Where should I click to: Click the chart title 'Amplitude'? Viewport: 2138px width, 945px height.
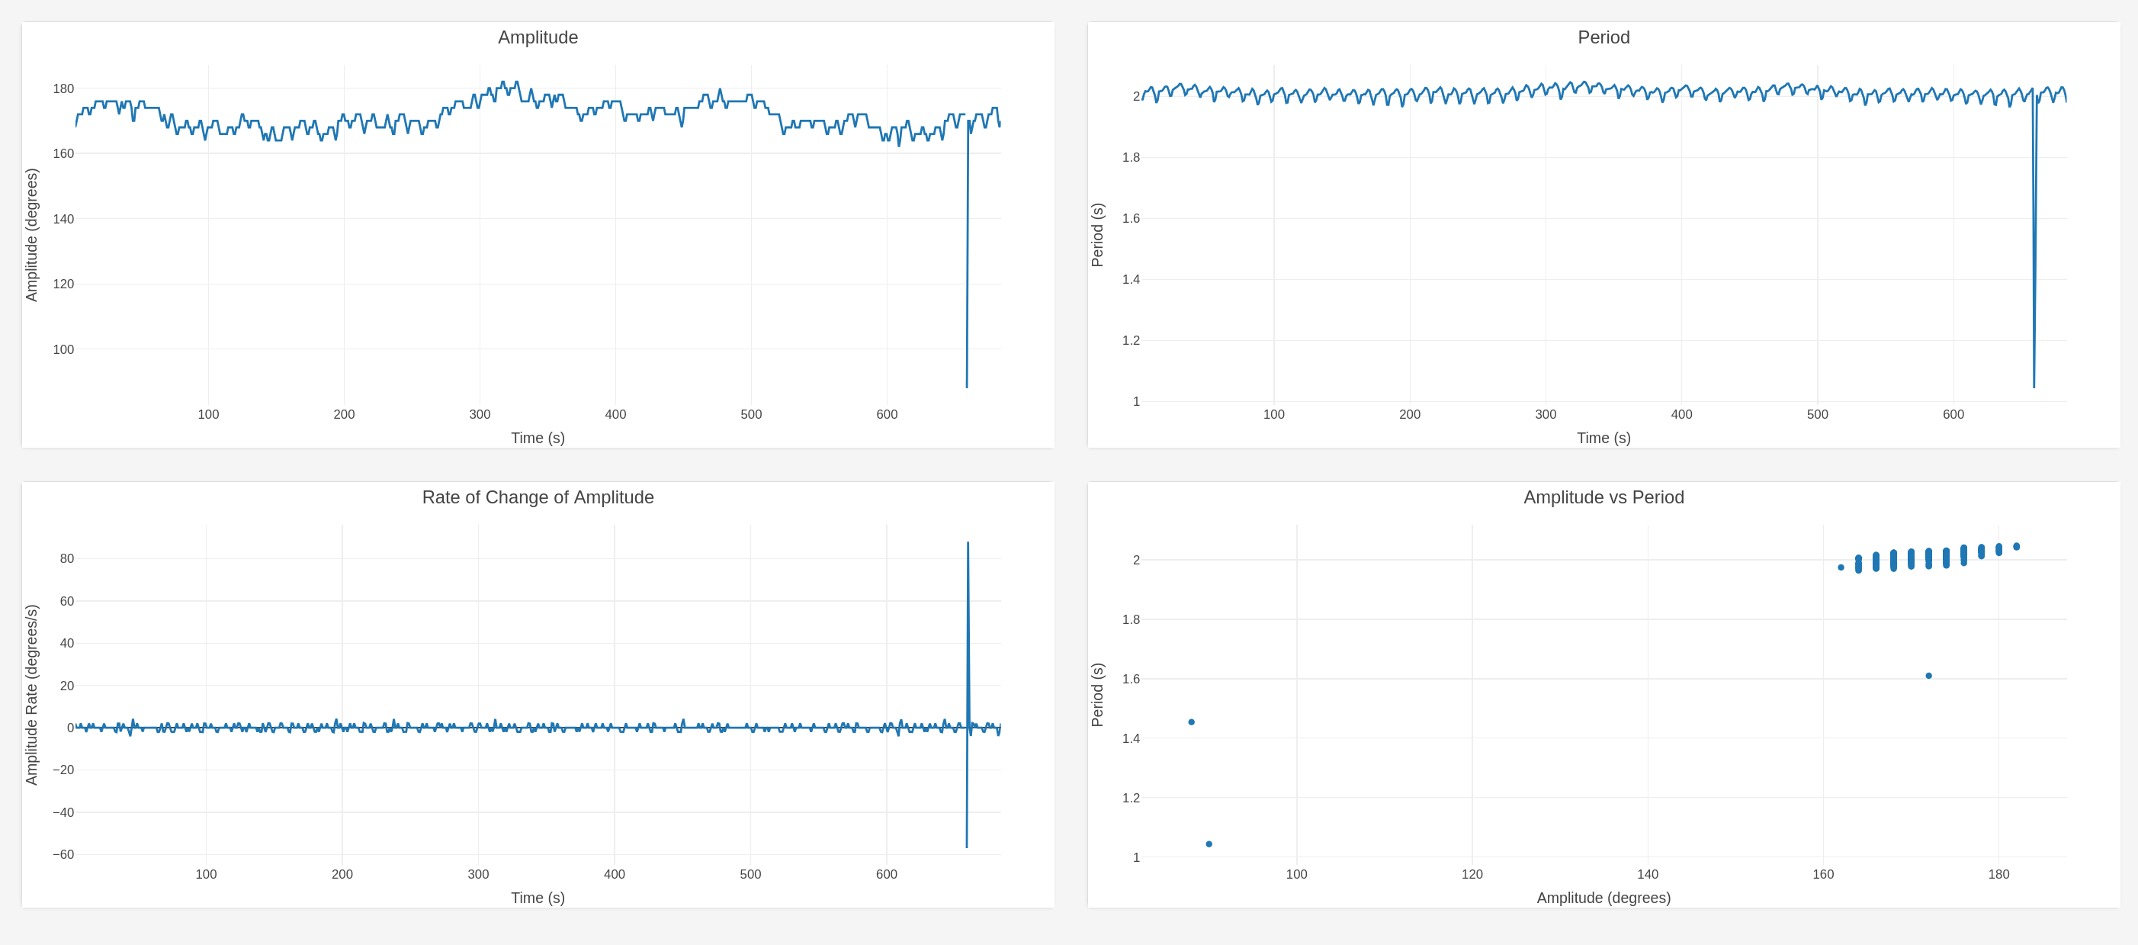[x=538, y=37]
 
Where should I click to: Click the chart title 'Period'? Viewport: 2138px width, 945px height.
[x=1603, y=37]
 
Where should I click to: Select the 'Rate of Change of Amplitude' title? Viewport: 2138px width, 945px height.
[x=538, y=497]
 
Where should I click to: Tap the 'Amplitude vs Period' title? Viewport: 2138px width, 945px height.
[x=1603, y=497]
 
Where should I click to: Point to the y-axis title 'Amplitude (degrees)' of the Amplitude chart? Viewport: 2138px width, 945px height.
[x=31, y=235]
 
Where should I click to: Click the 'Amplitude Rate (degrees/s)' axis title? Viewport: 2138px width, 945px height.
[x=31, y=694]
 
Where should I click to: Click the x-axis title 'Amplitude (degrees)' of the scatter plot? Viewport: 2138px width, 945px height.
[x=1603, y=898]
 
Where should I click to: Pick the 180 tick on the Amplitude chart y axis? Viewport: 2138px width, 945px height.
[x=63, y=88]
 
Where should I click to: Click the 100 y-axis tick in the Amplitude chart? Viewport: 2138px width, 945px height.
[x=63, y=349]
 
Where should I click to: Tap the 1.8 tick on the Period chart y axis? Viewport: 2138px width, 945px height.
[x=1131, y=158]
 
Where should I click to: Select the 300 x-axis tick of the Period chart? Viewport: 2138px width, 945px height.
[x=1546, y=414]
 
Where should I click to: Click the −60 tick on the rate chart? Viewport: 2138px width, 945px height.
[x=63, y=854]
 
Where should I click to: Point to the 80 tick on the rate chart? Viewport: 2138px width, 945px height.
[x=66, y=559]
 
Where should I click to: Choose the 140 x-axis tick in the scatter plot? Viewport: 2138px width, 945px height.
[x=1648, y=874]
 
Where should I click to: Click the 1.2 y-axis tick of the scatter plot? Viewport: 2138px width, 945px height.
[x=1131, y=798]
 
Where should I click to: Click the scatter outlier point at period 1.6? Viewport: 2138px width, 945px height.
[x=1928, y=676]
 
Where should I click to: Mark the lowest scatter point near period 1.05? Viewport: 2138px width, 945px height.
[x=1209, y=844]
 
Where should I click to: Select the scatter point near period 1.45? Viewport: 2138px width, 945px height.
[x=1191, y=722]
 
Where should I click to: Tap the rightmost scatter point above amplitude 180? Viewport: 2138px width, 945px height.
[x=2016, y=546]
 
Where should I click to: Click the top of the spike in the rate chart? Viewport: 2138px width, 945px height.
[x=968, y=542]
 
